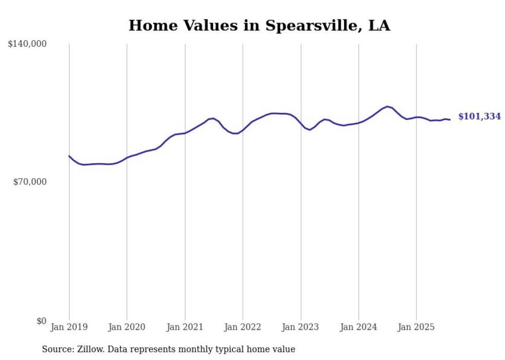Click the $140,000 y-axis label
[27, 44]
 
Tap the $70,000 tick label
[29, 182]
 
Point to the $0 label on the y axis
[41, 321]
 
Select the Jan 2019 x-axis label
[69, 327]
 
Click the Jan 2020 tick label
[127, 327]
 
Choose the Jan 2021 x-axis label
[185, 327]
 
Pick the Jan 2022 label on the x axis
[243, 327]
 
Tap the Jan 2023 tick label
[301, 327]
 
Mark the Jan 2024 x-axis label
[359, 327]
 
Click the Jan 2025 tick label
[416, 327]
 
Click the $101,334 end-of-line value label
[479, 116]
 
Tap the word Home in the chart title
[150, 25]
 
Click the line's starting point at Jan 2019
[69, 156]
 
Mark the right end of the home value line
[450, 120]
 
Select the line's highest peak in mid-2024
[387, 107]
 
